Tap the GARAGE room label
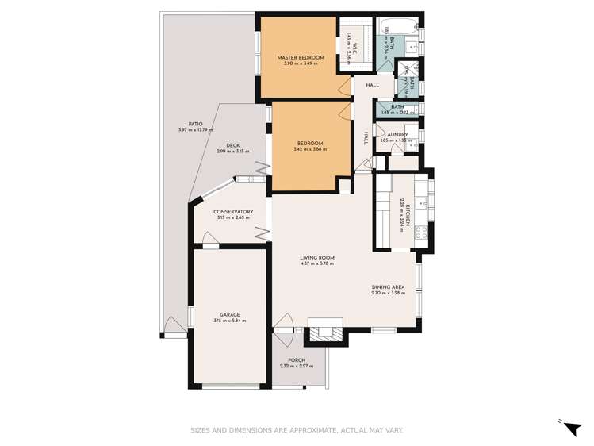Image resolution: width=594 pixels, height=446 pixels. coord(230,314)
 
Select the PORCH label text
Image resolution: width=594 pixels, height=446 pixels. coord(297,360)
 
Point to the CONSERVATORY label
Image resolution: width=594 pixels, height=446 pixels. coord(233,212)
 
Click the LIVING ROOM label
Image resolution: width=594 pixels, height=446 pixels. coord(317,258)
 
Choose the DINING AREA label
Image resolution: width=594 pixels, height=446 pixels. coord(388,287)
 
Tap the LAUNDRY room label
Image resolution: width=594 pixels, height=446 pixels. coord(396,135)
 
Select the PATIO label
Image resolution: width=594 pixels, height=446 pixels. coord(185,124)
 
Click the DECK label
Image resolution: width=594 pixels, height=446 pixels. coord(232,145)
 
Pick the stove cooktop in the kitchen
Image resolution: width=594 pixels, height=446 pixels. coord(422,233)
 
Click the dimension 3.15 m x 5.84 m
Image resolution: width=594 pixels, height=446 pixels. coord(230,321)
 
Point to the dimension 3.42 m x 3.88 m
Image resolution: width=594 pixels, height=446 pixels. coord(309,150)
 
